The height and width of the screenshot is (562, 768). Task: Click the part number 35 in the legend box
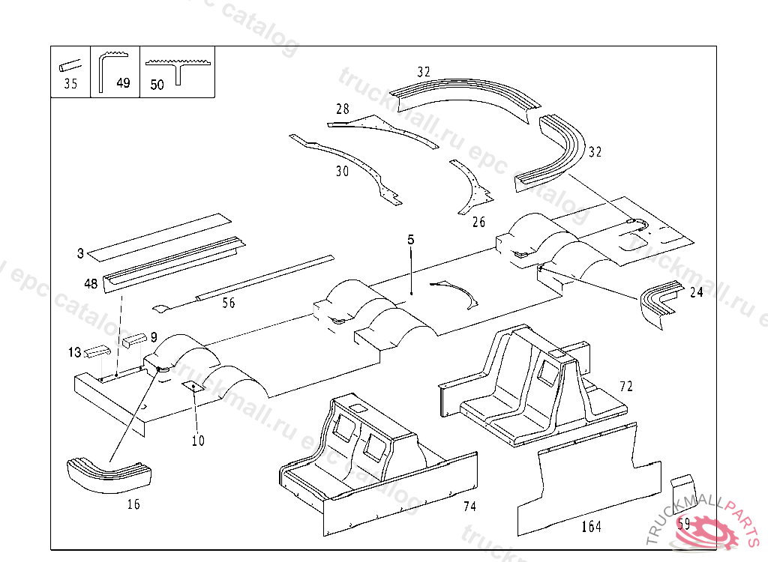point(70,84)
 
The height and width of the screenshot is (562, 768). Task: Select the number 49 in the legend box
point(124,83)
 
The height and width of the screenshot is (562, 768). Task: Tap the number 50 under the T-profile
point(157,85)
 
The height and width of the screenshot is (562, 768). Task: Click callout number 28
point(343,109)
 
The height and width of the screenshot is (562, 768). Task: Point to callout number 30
point(342,172)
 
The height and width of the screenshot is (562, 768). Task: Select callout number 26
point(478,222)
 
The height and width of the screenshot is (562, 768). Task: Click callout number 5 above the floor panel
point(411,240)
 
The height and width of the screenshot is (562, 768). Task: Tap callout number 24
point(697,292)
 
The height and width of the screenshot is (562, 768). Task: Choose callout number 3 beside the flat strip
point(80,253)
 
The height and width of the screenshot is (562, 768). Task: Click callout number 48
point(91,283)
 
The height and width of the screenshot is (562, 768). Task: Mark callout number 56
point(229,303)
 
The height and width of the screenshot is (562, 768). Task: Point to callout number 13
point(74,352)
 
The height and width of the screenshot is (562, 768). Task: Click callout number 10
point(198,441)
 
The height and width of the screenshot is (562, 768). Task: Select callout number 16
point(133,504)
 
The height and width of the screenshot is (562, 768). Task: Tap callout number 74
point(469,507)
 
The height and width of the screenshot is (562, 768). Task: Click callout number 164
point(591,527)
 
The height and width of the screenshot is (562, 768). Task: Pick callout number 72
point(626,387)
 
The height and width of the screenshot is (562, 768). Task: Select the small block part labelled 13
point(97,351)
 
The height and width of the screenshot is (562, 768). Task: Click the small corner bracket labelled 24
point(660,300)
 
